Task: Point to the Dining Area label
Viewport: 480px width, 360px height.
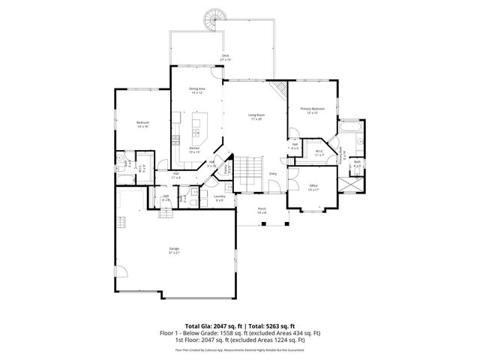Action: coord(196,90)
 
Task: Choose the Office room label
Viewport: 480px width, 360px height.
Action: coord(313,187)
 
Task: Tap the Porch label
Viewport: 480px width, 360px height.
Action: coord(262,210)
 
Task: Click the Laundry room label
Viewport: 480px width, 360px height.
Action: coord(220,197)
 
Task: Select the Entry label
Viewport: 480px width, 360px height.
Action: coord(273,173)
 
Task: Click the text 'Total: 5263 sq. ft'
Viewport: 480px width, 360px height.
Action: coord(268,325)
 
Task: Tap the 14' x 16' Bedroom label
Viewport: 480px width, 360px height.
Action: coord(142,124)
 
